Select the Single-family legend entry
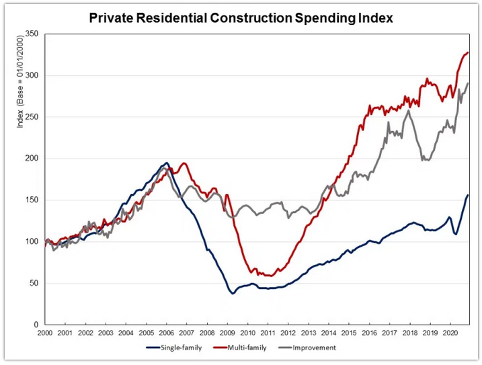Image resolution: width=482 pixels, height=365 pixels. (170, 348)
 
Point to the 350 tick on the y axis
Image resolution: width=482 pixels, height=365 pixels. (31, 34)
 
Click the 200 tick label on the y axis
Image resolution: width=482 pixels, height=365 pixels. (31, 159)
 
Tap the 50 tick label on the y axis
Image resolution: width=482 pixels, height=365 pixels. (33, 284)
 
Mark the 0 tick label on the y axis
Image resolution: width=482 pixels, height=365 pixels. (35, 325)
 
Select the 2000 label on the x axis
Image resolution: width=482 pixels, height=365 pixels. (44, 333)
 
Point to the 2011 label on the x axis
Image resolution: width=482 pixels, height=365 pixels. (268, 333)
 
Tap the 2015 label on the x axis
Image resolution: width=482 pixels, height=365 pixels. (349, 333)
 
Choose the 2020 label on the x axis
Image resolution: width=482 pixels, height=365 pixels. (450, 333)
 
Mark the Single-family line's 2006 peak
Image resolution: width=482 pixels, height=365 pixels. (167, 163)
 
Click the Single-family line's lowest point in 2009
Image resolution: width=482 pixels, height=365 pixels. (233, 293)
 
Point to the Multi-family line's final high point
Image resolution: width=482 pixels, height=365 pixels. (468, 52)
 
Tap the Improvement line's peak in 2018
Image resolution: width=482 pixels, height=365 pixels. (408, 111)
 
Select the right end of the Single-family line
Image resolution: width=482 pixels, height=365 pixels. (468, 195)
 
